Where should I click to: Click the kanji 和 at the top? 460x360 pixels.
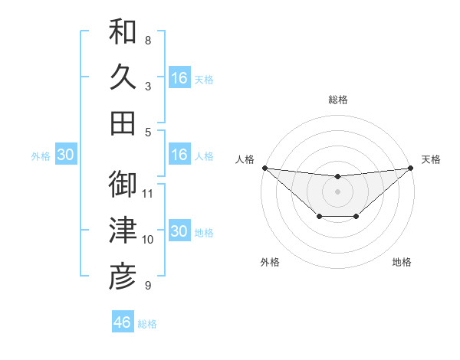click(123, 32)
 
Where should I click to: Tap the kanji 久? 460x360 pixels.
click(123, 78)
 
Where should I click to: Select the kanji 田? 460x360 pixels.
click(123, 123)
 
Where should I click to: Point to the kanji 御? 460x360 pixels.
click(123, 185)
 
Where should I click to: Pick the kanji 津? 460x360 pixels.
click(123, 231)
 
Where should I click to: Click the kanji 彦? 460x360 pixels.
click(123, 277)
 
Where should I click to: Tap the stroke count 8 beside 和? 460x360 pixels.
click(148, 40)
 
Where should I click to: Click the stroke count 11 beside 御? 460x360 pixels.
click(149, 192)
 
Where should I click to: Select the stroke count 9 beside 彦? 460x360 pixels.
click(148, 286)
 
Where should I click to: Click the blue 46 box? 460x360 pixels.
click(123, 322)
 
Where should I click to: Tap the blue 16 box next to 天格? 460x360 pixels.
click(179, 78)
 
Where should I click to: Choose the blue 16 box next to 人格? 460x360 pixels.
click(179, 155)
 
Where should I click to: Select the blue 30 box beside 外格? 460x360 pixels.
click(66, 155)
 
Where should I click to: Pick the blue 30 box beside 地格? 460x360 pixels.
click(179, 231)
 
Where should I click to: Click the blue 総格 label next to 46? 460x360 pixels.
click(147, 324)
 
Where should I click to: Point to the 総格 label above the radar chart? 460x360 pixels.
click(337, 100)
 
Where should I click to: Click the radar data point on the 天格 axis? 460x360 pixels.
click(410, 168)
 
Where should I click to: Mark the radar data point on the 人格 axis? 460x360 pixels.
click(264, 168)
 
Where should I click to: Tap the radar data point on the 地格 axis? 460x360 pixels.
click(356, 218)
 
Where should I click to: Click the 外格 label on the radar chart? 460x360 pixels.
click(270, 263)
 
